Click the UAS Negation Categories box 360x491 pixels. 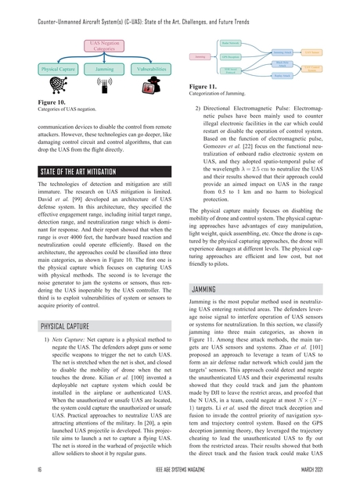click(104, 45)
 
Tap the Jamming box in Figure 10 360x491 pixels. click(104, 69)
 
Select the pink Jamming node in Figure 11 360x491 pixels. click(200, 57)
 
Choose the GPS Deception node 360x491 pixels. click(231, 57)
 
